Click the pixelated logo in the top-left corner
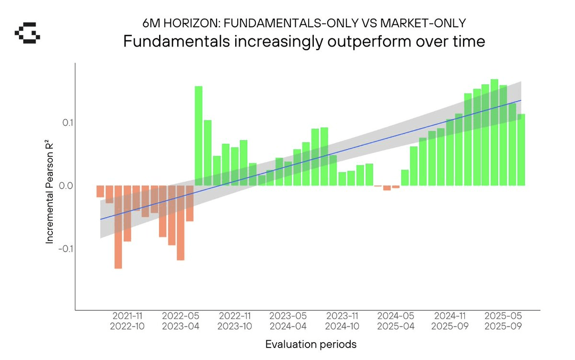point(27,35)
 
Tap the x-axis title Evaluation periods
point(311,344)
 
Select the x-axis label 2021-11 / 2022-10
point(127,321)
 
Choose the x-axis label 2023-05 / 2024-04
point(287,321)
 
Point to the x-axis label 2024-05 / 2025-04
point(395,321)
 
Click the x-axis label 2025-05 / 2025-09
point(503,321)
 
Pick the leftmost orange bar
point(100,191)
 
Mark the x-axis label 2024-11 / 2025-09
point(449,321)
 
